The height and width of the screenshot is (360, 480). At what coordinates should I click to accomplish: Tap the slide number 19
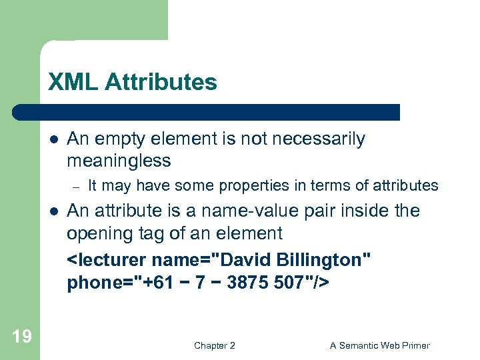click(22, 336)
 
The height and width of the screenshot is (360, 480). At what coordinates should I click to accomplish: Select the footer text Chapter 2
click(214, 345)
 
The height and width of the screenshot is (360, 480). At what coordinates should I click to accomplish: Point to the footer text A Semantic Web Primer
click(380, 345)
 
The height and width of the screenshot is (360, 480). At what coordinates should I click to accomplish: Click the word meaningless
click(119, 161)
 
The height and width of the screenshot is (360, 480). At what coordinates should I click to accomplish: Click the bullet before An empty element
click(53, 139)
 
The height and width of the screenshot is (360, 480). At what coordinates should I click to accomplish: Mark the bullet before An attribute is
click(53, 211)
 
